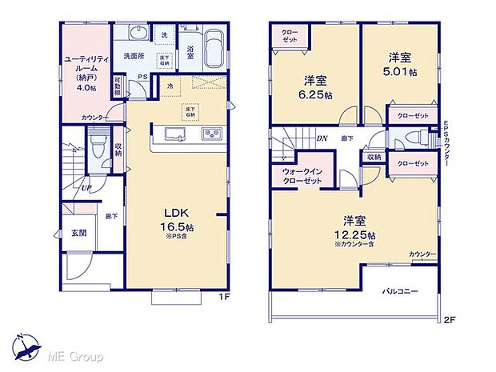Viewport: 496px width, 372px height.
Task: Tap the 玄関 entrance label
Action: (78, 234)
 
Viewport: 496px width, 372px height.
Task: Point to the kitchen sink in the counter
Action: (174, 134)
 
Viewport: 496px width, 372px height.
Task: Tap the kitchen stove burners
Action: (211, 134)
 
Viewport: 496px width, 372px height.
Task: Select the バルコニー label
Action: (400, 291)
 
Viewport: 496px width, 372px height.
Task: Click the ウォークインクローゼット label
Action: (302, 177)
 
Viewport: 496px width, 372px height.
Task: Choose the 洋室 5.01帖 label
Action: (399, 63)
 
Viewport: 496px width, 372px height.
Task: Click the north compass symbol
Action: (27, 347)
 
